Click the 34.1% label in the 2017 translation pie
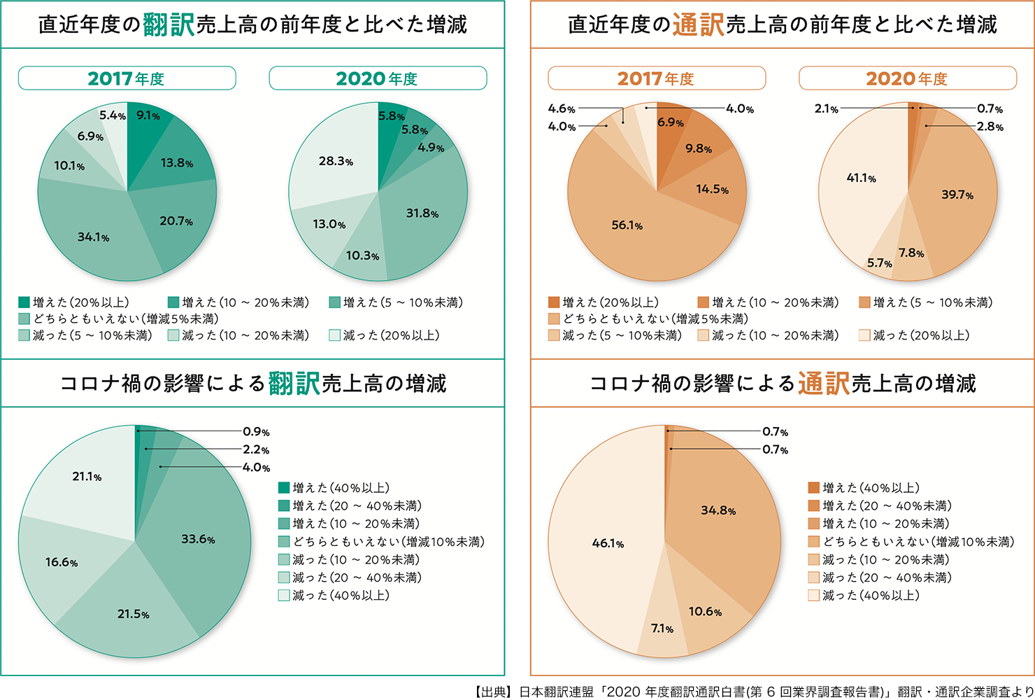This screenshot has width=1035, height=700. [93, 237]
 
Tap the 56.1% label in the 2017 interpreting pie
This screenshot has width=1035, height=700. [627, 225]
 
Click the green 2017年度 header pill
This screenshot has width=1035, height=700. [127, 78]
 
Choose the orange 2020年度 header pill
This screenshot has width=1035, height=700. [907, 78]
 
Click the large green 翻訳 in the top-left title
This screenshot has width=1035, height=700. [169, 25]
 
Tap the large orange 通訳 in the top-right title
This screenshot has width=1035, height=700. [698, 25]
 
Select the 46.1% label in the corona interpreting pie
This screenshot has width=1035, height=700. [608, 543]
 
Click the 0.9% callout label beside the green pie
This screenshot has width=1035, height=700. [256, 432]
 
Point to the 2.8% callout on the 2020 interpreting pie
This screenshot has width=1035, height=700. [990, 127]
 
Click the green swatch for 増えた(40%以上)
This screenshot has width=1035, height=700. [284, 488]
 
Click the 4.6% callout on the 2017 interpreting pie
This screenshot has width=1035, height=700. [562, 108]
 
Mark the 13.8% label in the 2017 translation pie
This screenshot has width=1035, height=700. [177, 163]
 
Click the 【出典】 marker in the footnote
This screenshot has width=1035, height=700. [494, 692]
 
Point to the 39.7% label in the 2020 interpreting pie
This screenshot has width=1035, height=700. [957, 195]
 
